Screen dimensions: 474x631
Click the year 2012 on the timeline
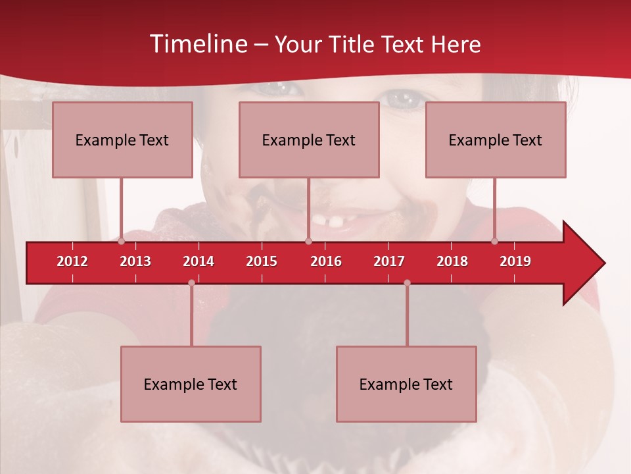point(72,261)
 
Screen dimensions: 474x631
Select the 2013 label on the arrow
point(135,261)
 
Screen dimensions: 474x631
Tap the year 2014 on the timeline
point(199,261)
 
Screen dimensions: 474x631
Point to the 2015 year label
point(262,261)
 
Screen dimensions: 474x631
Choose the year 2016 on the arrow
point(326,261)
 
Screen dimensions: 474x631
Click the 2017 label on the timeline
point(389,261)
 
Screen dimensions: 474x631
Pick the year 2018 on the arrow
point(452,261)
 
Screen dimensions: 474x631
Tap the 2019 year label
point(515,261)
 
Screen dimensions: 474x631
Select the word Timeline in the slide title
point(197,44)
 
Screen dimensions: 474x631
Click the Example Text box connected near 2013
point(122,140)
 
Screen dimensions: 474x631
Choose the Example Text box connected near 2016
point(309,140)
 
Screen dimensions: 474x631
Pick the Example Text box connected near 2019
point(496,140)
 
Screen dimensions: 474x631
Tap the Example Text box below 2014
point(191,384)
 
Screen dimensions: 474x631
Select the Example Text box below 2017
point(406,384)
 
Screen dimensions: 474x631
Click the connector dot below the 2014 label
point(191,282)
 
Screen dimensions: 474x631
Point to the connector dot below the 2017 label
point(407,282)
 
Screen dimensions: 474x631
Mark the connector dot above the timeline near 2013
point(122,242)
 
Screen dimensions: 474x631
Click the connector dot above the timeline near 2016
point(308,242)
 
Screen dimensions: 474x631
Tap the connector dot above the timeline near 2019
point(495,242)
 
